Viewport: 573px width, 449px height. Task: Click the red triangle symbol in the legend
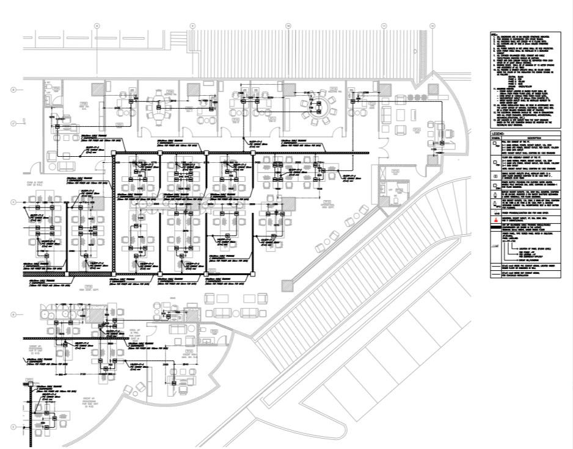coord(495,218)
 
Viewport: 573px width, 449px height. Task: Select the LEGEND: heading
coord(500,133)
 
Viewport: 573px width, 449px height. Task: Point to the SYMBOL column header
coord(495,138)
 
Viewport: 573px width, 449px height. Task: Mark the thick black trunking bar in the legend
coord(495,227)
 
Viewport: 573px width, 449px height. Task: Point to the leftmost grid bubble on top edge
coord(97,26)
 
